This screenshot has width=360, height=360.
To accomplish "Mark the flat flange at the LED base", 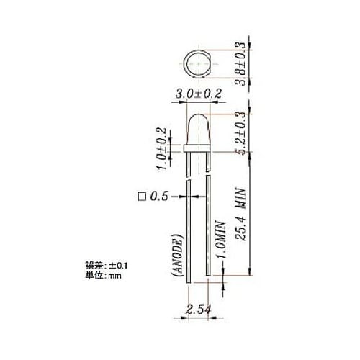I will [197, 148].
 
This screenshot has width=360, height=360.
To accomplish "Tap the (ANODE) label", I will [175, 256].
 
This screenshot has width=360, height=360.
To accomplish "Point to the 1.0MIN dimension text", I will [222, 241].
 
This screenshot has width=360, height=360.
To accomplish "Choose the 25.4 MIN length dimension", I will [242, 216].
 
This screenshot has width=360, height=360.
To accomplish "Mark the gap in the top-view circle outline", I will [209, 72].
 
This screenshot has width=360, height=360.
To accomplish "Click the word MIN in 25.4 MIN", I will [242, 198].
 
